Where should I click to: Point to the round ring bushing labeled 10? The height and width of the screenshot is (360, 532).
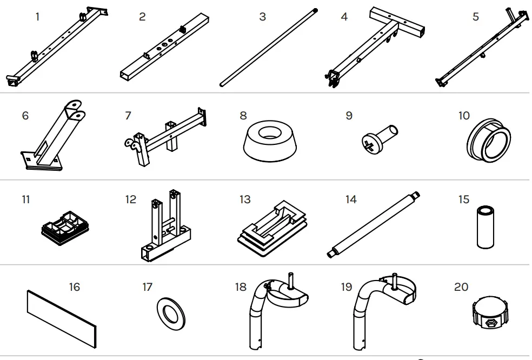[x=488, y=140]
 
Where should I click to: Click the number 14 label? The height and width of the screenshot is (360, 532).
[x=351, y=199]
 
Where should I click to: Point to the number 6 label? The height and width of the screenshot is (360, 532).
[x=25, y=115]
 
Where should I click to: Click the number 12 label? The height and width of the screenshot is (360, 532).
[x=131, y=199]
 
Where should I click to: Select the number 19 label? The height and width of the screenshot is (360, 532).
[x=347, y=287]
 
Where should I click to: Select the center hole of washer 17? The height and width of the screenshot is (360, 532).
[x=171, y=313]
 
